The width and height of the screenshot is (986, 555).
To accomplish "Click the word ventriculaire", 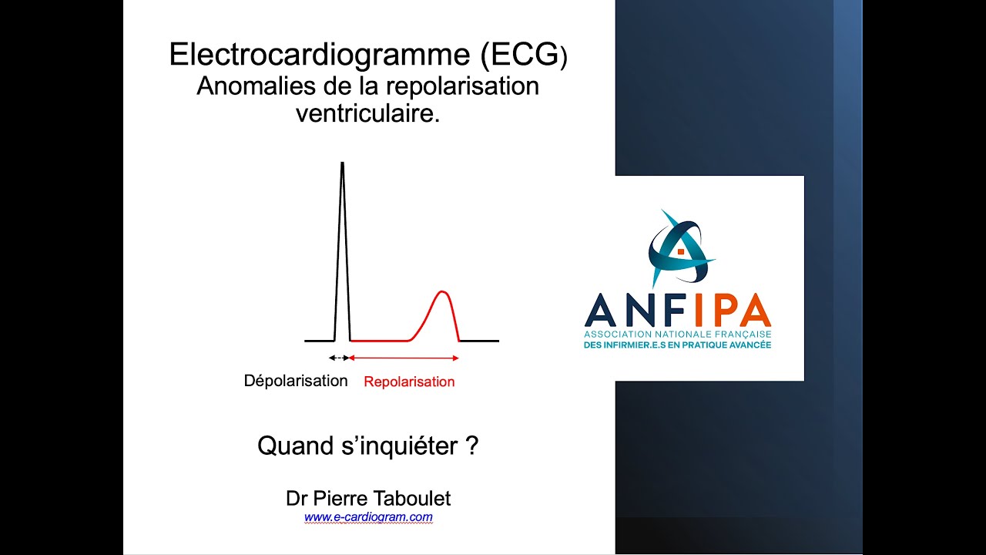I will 367,114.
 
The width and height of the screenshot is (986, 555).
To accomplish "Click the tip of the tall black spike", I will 342,163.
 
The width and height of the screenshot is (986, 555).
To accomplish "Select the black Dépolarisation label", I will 296,381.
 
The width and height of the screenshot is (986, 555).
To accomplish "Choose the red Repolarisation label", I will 409,382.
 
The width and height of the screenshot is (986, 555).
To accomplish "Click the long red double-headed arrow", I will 404,358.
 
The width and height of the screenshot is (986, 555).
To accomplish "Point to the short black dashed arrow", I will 338,358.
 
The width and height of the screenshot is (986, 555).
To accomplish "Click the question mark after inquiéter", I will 473,446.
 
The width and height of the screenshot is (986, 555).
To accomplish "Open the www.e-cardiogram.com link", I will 368,517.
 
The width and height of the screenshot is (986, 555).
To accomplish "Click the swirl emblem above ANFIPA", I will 678,247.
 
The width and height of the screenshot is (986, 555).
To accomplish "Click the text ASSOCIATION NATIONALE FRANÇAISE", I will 677,334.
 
